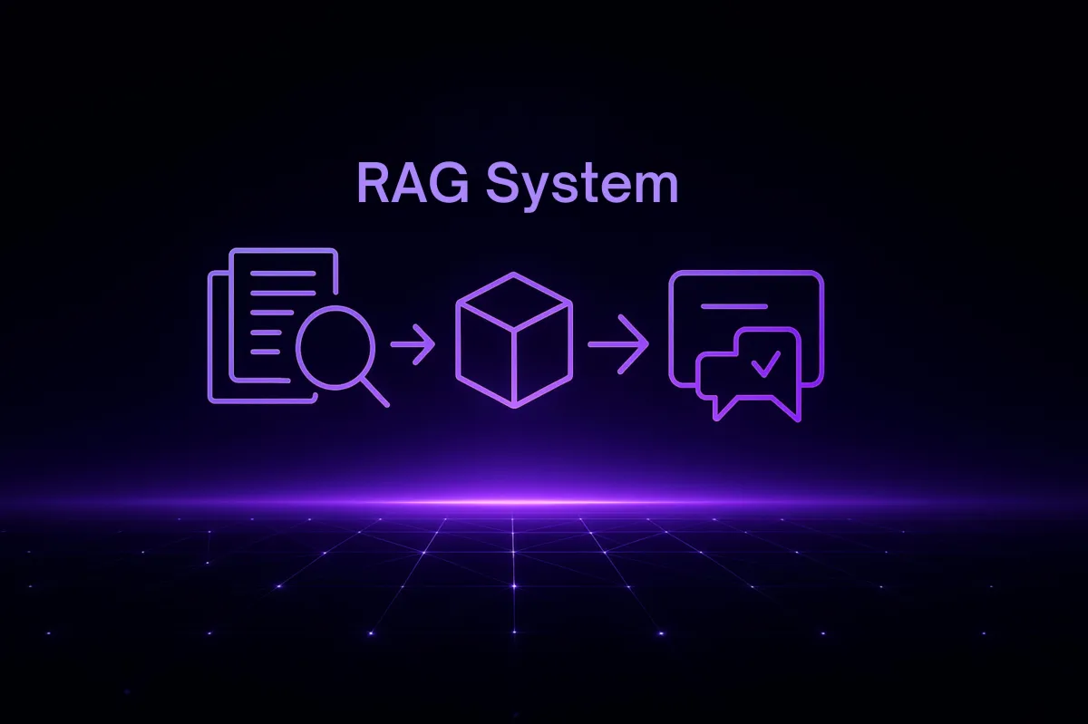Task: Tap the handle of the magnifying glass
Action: coord(374,391)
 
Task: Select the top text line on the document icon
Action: coord(284,273)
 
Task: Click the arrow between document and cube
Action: coord(413,344)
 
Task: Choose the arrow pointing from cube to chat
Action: coord(618,344)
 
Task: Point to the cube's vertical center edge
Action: coord(514,366)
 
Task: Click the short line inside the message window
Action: coord(727,306)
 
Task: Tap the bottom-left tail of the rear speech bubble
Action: coord(720,410)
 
